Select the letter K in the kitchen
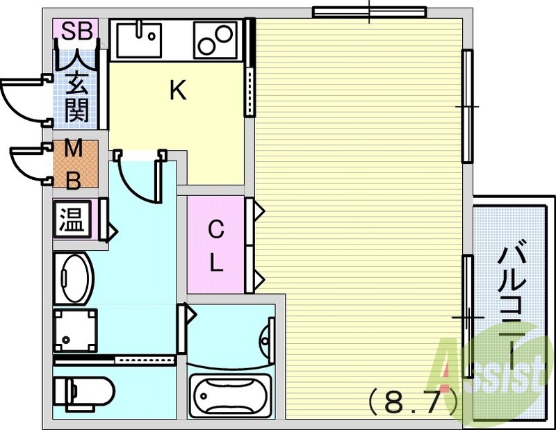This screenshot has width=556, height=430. pos(179,90)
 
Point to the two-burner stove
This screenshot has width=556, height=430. pos(215,39)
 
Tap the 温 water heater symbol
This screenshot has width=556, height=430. pos(72,220)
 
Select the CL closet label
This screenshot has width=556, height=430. pos(216,245)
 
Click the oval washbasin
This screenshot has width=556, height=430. pos(73,277)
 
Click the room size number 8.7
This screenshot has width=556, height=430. pos(411,400)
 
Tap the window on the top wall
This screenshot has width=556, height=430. pos(368,11)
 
